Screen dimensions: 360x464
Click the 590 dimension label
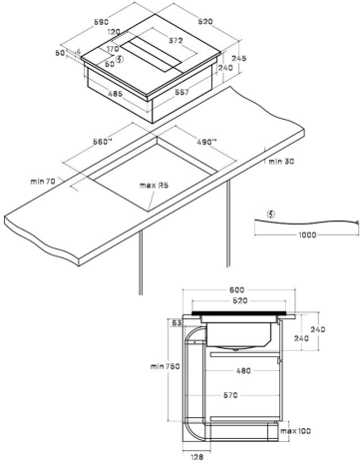[101, 22]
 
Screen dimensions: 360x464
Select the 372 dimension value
[176, 41]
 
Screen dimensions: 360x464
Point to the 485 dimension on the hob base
[115, 94]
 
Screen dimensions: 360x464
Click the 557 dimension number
[181, 92]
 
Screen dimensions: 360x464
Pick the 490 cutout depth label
[206, 142]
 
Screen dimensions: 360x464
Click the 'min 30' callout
[281, 162]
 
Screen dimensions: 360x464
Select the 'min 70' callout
[43, 182]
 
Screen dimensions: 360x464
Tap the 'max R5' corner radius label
[154, 185]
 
